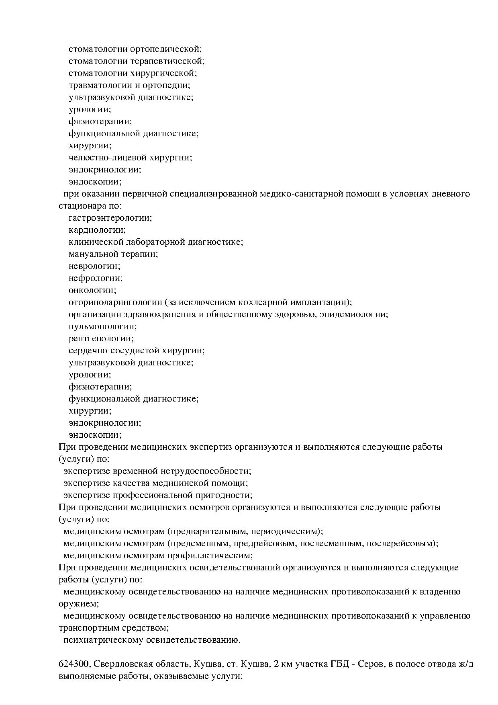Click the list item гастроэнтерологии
[110, 218]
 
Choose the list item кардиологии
[97, 230]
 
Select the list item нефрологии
[96, 278]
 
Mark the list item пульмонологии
[102, 326]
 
